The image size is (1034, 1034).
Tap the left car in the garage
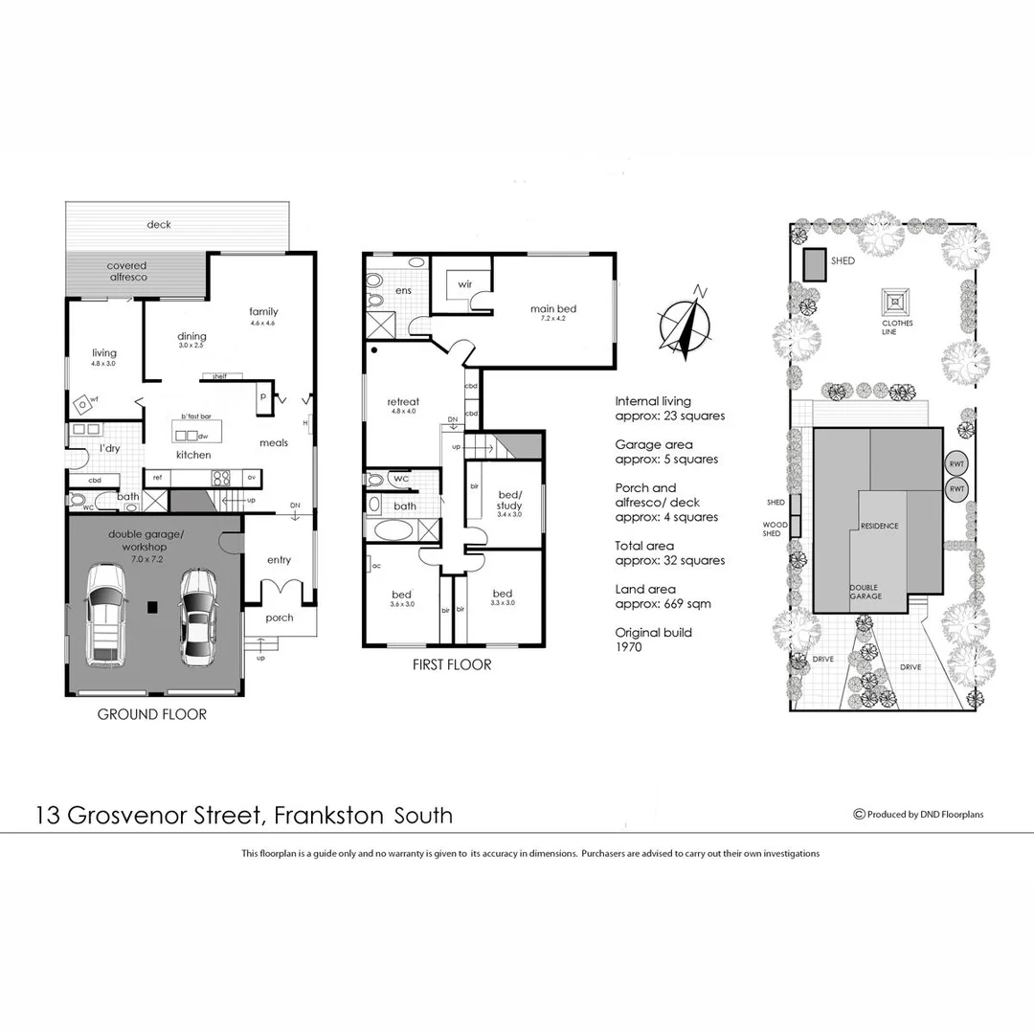point(105,616)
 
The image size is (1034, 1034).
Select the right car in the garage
point(196,617)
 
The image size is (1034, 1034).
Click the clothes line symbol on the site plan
point(896,302)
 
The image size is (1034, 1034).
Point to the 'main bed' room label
point(553,308)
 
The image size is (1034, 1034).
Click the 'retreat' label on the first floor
point(403,401)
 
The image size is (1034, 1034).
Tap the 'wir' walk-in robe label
point(465,284)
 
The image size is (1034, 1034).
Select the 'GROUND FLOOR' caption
point(152,714)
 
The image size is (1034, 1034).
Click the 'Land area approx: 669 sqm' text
point(663,596)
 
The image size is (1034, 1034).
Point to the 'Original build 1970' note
point(653,640)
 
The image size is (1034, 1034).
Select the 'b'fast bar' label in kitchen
point(195,417)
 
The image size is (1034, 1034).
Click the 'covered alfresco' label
point(126,271)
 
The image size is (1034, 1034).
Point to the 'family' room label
point(263,311)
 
